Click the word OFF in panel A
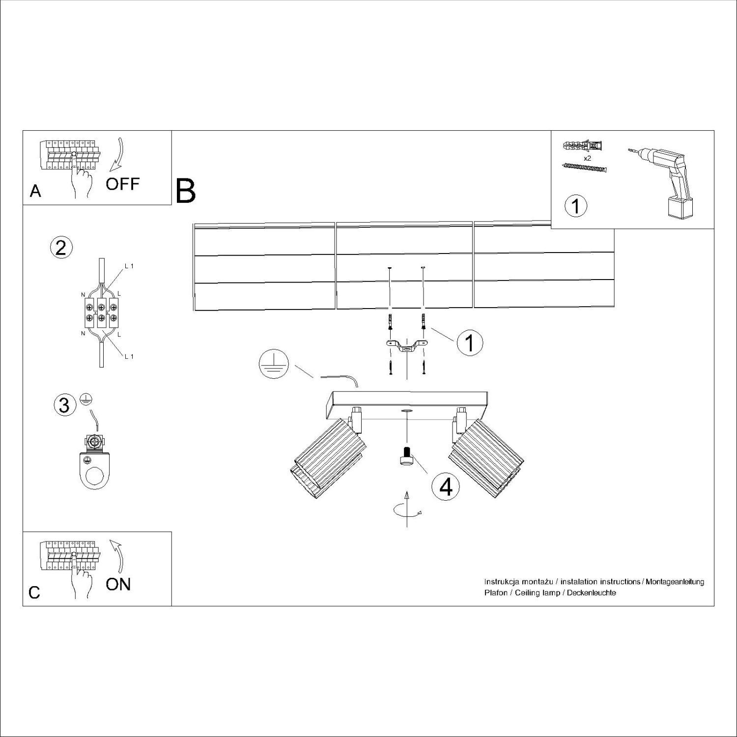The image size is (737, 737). click(123, 184)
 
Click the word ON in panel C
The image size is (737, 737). click(118, 584)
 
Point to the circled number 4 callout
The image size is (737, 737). click(446, 486)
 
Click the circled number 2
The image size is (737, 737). click(61, 248)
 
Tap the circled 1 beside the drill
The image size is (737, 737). click(576, 206)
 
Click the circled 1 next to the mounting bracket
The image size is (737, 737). click(470, 342)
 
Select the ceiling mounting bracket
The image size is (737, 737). click(406, 346)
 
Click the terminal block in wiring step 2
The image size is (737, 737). click(101, 313)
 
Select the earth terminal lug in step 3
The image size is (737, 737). click(94, 464)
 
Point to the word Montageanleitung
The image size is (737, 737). click(675, 582)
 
